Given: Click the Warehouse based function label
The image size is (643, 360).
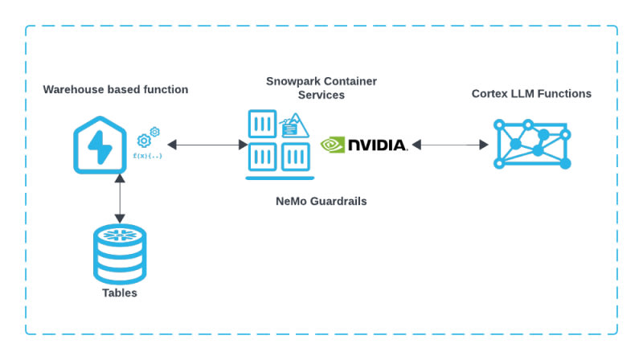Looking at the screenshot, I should tap(116, 89).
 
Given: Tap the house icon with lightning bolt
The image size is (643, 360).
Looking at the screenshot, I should tap(100, 143).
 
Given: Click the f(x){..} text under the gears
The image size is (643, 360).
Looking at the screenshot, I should tap(148, 154).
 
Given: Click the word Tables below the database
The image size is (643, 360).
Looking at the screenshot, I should tap(120, 292).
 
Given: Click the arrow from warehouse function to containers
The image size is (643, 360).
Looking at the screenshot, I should tap(207, 145).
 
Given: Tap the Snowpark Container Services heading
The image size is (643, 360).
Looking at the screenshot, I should tap(321, 88).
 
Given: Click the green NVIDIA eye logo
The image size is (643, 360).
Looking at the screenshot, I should tap(333, 145).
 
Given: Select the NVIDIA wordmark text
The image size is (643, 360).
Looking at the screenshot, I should tap(377, 145).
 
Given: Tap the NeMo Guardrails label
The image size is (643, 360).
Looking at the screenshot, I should tap(321, 201).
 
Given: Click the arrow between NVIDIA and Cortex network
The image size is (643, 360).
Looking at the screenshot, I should tap(450, 145).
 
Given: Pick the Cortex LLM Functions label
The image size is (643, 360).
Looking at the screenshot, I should tap(531, 94).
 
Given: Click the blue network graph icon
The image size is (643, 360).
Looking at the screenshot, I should tap(532, 144).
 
